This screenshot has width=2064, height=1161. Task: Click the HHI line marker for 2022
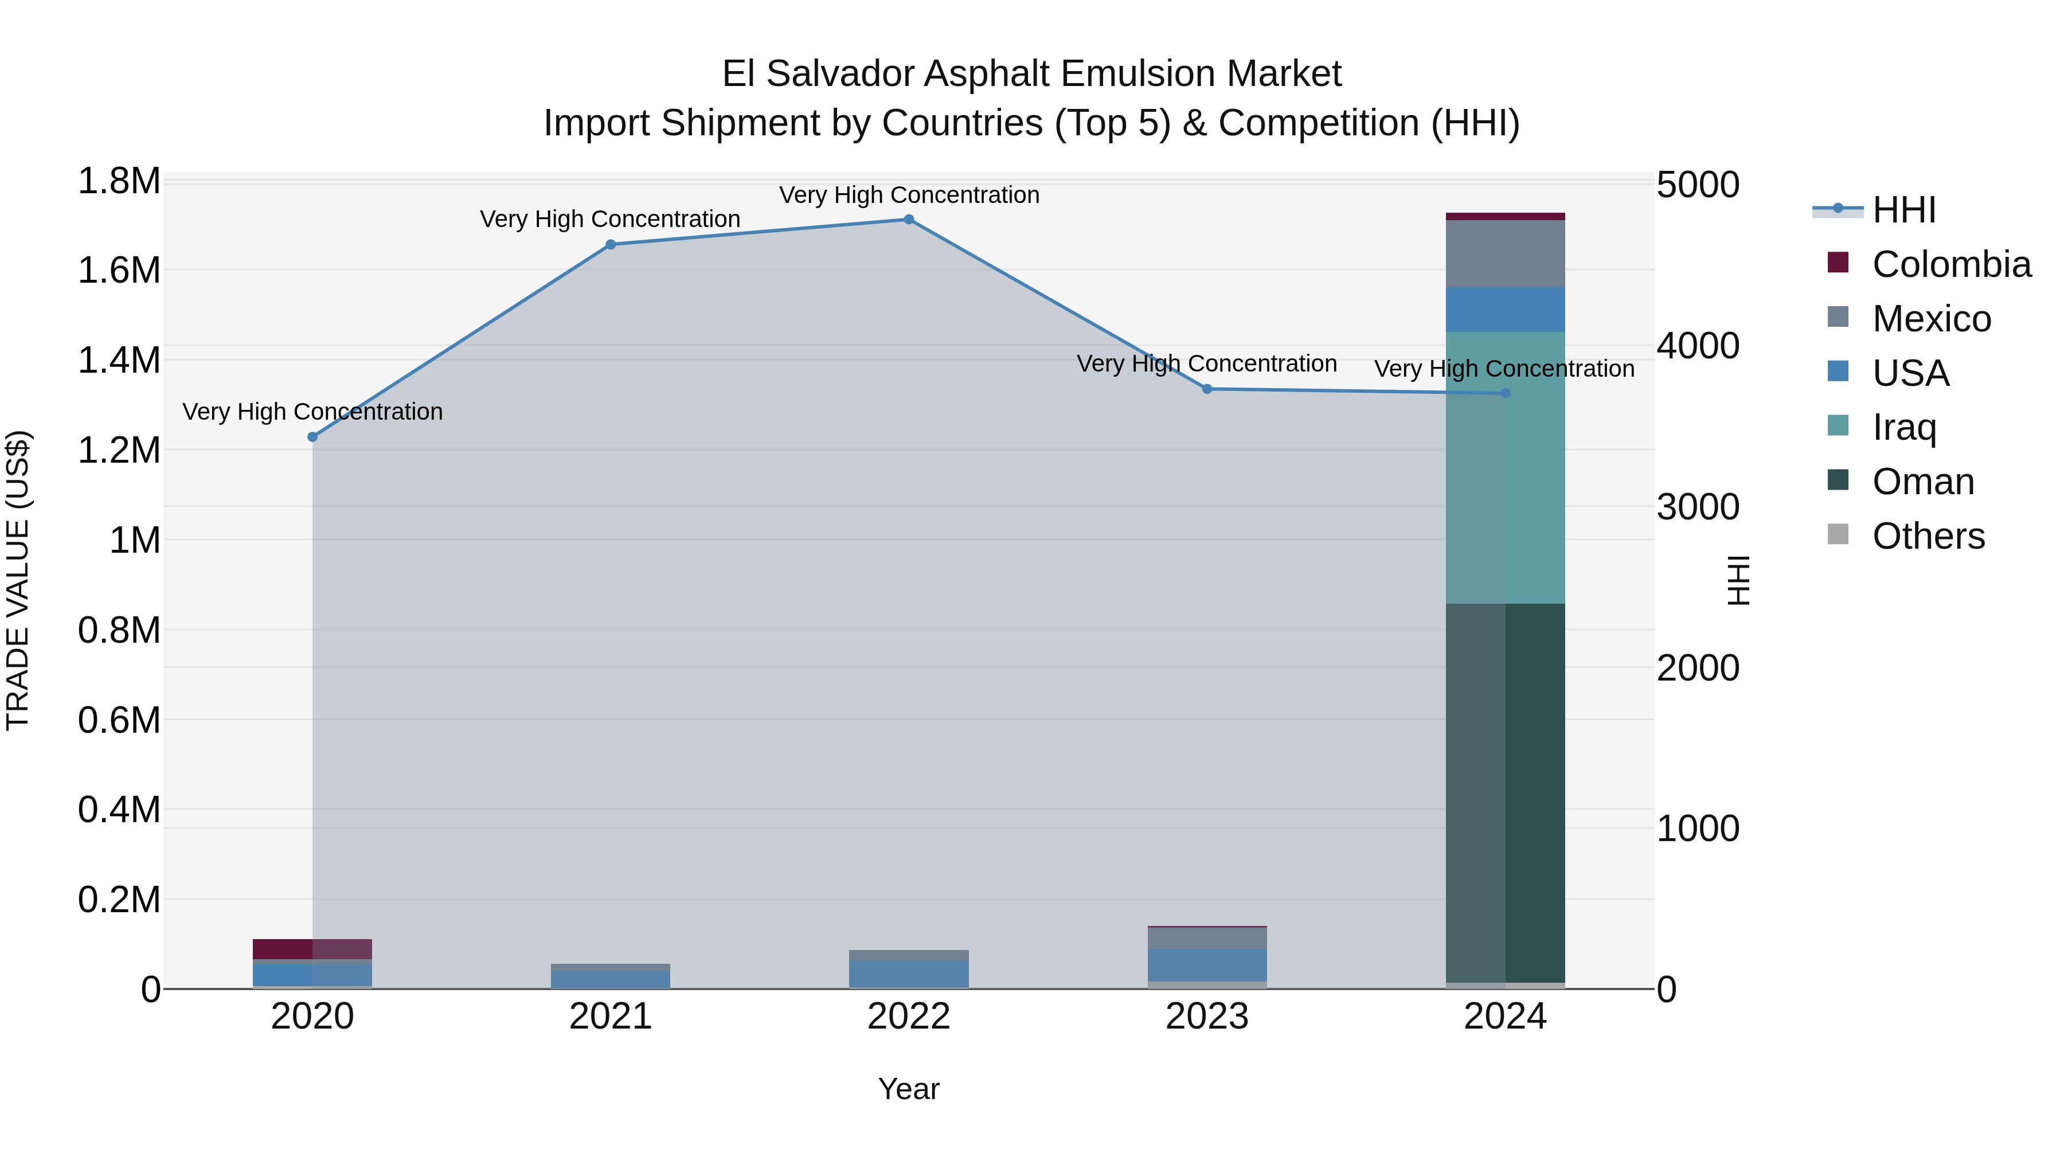[x=909, y=220]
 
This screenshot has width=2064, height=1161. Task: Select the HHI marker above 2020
[x=312, y=437]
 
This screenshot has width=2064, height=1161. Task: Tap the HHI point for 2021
[x=611, y=244]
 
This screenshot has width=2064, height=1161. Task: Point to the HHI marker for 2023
[x=1207, y=389]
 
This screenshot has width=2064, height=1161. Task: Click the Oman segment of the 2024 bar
[x=1505, y=793]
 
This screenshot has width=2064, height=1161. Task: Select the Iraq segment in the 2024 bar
[x=1505, y=467]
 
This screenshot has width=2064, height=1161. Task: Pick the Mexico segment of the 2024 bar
[x=1505, y=253]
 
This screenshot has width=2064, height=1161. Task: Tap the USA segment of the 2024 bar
[x=1505, y=309]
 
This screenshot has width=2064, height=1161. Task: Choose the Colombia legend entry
[x=1950, y=264]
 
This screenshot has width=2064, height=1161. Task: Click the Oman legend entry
[x=1923, y=482]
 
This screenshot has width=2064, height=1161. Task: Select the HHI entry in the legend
[x=1903, y=210]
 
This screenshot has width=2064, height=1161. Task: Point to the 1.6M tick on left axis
[x=119, y=271]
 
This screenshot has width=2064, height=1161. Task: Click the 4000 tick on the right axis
[x=1698, y=346]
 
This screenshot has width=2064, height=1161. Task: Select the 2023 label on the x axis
[x=1207, y=1017]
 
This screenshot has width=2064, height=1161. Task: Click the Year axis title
[x=909, y=1089]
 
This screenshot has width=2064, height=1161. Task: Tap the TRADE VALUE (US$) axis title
[x=18, y=580]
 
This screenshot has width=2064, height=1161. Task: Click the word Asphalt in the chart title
[x=990, y=74]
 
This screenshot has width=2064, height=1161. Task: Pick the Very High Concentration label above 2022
[x=909, y=195]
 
